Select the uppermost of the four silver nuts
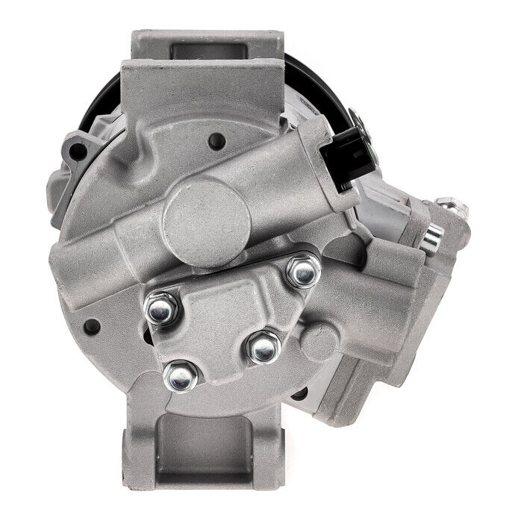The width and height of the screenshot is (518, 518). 303,272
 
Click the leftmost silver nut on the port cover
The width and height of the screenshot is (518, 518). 160,308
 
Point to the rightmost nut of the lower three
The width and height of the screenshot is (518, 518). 262,347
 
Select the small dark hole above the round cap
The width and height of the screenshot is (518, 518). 216,139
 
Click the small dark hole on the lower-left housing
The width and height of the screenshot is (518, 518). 92,325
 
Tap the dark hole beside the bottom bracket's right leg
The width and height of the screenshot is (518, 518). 299,393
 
